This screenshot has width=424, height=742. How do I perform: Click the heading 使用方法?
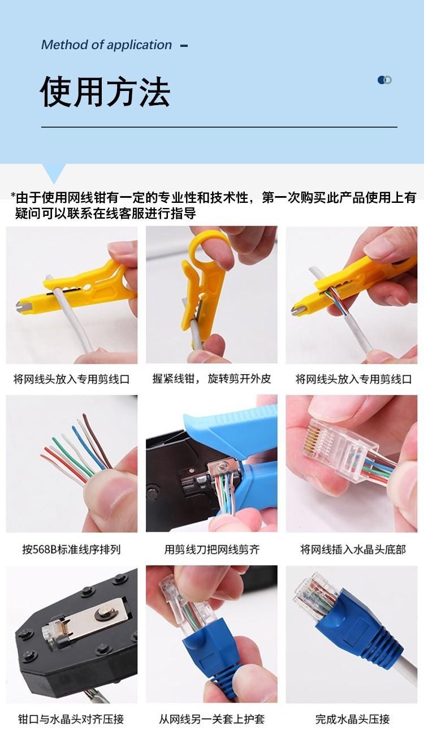105,92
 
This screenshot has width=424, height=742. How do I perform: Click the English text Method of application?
106,45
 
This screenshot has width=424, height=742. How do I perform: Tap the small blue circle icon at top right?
384,80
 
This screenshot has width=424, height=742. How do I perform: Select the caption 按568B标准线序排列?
71,549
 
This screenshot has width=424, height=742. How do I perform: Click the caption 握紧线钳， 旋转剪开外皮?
211,379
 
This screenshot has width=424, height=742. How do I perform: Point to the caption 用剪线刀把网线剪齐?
211,549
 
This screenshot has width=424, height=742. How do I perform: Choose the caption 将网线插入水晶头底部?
353,549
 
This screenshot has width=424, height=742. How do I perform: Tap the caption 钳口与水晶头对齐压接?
71,719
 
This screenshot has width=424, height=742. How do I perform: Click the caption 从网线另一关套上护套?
211,719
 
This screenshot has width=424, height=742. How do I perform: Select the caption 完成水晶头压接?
353,719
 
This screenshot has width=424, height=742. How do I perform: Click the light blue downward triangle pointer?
54,173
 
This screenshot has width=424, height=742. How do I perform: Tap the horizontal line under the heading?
219,127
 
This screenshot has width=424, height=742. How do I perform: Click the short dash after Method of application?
184,46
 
